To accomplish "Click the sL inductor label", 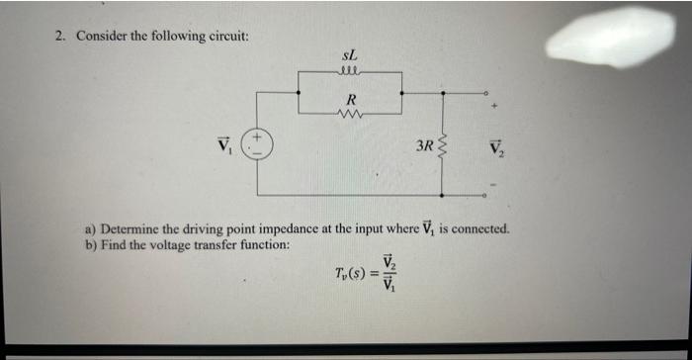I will point(350,57).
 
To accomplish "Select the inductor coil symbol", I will point(350,71).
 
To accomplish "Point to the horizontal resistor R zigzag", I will point(351,113).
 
